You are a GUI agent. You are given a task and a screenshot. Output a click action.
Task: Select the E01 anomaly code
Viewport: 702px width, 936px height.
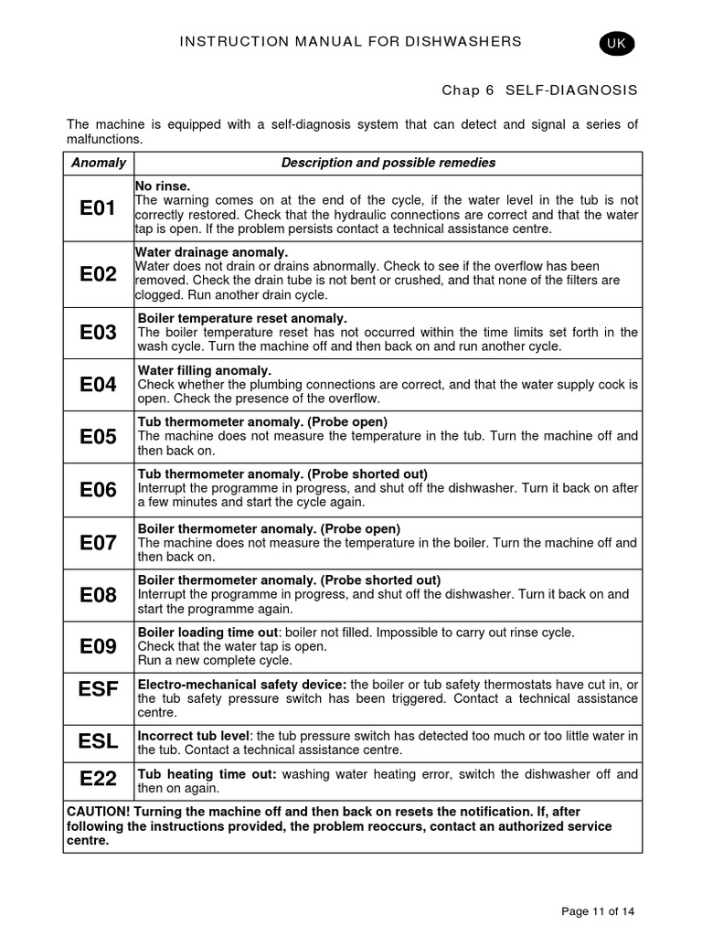click(98, 208)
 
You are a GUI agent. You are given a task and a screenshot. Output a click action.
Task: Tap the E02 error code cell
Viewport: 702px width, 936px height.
click(98, 274)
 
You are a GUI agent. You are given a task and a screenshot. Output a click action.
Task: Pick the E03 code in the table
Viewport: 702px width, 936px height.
click(98, 333)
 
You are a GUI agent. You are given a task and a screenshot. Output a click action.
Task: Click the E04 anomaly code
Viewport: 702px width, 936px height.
click(98, 385)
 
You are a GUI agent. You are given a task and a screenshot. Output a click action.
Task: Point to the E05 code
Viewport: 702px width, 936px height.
click(98, 437)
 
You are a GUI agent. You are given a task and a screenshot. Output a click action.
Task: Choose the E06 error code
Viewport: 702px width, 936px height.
click(98, 490)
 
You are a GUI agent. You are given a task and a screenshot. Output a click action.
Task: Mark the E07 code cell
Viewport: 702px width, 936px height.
click(98, 543)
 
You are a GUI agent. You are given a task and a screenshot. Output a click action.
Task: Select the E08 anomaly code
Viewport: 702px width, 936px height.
click(98, 595)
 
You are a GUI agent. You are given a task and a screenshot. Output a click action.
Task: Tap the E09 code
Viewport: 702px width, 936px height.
click(98, 646)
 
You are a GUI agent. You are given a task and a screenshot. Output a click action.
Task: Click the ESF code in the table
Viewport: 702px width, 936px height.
click(98, 689)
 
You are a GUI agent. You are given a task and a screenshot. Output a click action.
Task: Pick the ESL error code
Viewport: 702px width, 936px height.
click(98, 741)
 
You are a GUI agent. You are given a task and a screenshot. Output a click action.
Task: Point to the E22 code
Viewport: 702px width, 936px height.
click(98, 779)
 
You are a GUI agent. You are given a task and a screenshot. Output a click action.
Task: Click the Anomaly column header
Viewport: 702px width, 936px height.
click(98, 163)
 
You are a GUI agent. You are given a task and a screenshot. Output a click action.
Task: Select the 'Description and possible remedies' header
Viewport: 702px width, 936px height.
click(388, 163)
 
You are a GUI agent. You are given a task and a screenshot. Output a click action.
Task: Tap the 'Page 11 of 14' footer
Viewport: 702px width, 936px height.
click(598, 910)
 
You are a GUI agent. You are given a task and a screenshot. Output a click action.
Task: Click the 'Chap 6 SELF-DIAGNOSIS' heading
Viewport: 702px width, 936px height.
click(539, 90)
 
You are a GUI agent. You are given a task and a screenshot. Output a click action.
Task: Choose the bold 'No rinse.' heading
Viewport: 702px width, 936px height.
click(163, 186)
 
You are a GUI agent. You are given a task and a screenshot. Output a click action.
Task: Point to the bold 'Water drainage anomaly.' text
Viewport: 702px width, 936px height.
click(212, 252)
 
